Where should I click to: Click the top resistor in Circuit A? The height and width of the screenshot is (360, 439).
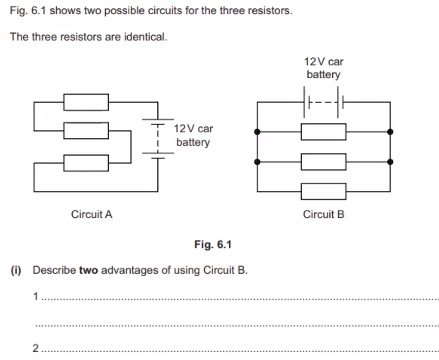(x=86, y=102)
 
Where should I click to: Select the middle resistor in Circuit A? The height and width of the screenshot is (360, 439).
(x=86, y=131)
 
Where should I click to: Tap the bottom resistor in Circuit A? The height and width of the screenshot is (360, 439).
(x=86, y=163)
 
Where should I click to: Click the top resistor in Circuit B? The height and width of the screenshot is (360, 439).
(x=324, y=132)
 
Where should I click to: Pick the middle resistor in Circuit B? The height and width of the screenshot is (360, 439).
(x=324, y=162)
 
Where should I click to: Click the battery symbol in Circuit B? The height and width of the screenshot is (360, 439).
(x=324, y=103)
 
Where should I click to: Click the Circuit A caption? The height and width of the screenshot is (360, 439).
(x=92, y=215)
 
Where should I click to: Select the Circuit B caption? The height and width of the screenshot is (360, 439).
(x=324, y=215)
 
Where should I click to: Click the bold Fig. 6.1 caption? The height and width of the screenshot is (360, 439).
(x=213, y=245)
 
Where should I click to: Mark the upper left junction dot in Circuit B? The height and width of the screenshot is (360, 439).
(x=258, y=132)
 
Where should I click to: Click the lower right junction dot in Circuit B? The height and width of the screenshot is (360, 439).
(x=390, y=162)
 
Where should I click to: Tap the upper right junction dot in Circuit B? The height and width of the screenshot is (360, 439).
(x=390, y=132)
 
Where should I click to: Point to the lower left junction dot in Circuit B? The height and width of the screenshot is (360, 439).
(x=258, y=162)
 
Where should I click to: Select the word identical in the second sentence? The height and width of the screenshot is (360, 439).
(x=146, y=37)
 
